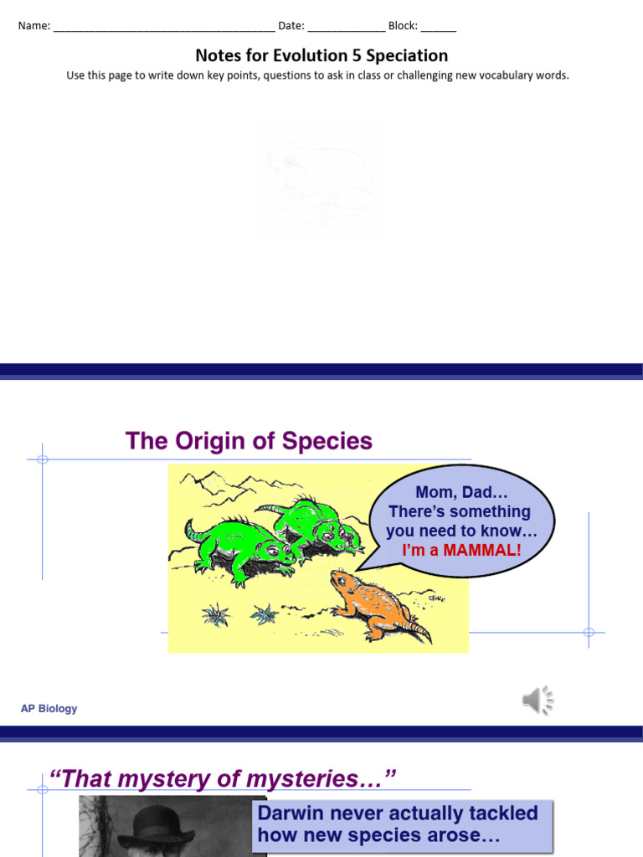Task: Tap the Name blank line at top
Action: click(163, 26)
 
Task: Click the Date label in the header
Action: click(291, 25)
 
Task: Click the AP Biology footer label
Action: click(49, 709)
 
